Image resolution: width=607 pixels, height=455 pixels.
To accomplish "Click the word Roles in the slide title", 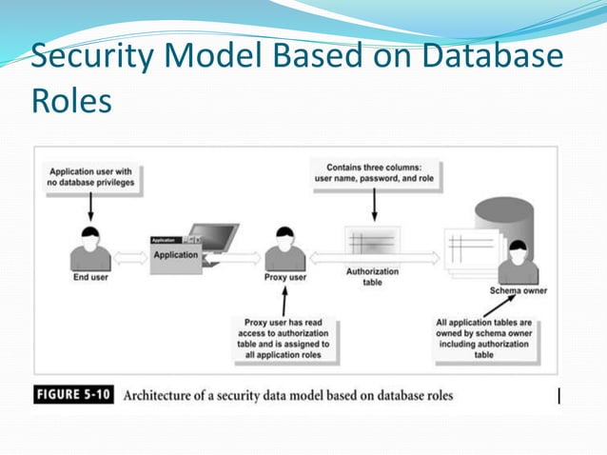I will [x=70, y=99].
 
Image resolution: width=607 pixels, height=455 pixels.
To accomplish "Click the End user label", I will [x=89, y=279].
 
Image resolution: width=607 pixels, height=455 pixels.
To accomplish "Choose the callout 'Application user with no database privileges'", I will [x=90, y=178].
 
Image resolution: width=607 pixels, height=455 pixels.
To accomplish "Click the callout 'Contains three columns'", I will [x=374, y=173].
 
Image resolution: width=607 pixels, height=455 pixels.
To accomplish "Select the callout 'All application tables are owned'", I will [x=483, y=339].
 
